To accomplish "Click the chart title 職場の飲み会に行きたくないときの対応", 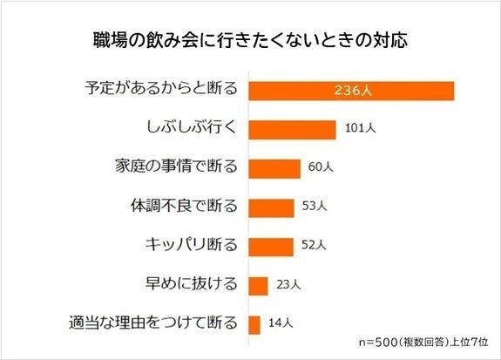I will point(250,40).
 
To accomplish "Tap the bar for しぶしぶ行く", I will point(293,129).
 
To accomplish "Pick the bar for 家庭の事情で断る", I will point(274,168).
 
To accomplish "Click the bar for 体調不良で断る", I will point(272,207).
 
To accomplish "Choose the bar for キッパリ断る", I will point(271,247).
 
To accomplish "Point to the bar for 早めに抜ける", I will point(259,285).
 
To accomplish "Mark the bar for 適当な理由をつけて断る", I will point(255,324).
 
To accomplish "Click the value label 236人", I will point(352,90).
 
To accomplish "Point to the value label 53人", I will point(314,207).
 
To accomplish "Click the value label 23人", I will point(288,285).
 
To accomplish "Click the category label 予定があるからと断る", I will point(162,90).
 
